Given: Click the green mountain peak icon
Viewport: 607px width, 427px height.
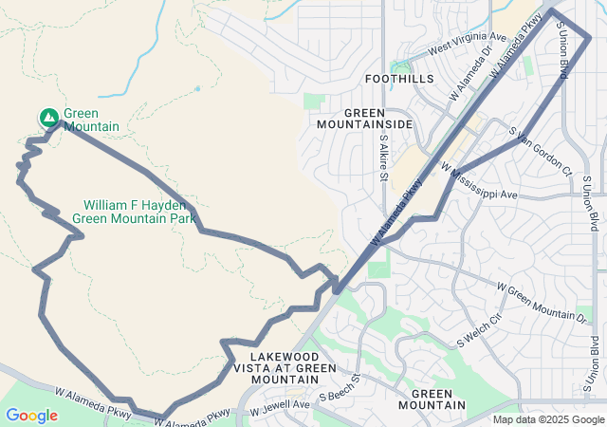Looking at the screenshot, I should click(48, 117).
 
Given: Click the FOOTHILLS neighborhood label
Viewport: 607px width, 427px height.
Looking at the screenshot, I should click(399, 79).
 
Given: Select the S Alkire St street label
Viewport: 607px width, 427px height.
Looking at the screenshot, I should click(384, 157).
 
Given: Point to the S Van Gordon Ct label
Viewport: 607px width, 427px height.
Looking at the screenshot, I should click(540, 151).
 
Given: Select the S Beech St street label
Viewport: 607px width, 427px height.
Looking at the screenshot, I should click(340, 389).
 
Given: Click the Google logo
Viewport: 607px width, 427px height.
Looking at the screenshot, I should click(31, 415).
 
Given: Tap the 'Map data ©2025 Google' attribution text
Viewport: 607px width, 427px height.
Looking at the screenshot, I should click(548, 419).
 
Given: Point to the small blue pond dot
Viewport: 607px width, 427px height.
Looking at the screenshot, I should click(198, 88).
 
